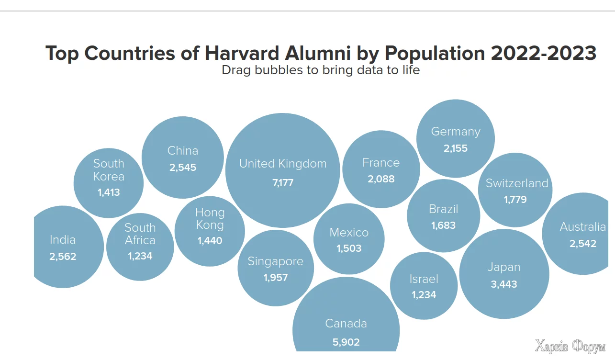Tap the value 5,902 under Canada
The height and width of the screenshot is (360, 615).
coord(346,342)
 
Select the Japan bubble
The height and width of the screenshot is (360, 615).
coord(504,274)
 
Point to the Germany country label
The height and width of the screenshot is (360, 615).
coord(456,132)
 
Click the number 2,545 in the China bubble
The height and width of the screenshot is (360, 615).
coord(183,168)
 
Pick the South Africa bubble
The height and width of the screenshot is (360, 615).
coord(140,247)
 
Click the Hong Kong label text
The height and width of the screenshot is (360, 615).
coord(210,218)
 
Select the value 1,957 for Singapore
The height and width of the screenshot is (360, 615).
coord(276,277)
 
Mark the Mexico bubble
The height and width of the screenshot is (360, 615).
coord(349,239)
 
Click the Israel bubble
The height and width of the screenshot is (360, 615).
coord(424,286)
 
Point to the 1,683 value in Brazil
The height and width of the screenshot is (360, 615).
coord(443,225)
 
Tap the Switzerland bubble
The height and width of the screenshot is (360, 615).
coord(515,190)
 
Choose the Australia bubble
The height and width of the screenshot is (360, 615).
coord(581,234)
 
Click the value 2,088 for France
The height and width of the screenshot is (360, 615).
coord(381,179)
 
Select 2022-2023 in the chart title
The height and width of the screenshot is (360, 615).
coord(543,53)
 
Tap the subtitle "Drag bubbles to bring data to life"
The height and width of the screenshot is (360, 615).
coord(321,70)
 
